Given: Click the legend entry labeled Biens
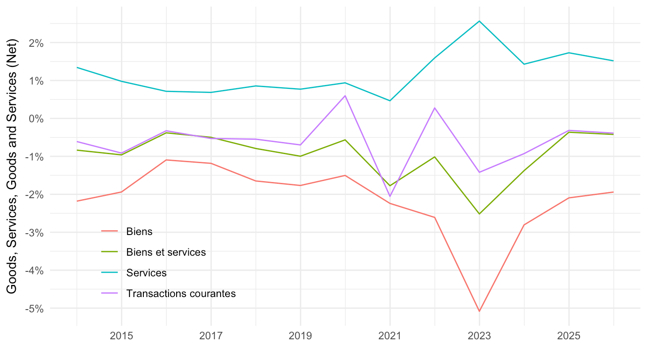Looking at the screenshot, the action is pyautogui.click(x=139, y=232).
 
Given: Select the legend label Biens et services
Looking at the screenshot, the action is pyautogui.click(x=166, y=252).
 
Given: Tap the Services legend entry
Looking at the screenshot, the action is pyautogui.click(x=146, y=273).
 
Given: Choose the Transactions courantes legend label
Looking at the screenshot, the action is pyautogui.click(x=181, y=294).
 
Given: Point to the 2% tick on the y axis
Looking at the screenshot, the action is pyautogui.click(x=36, y=43).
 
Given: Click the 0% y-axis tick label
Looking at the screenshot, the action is pyautogui.click(x=36, y=119).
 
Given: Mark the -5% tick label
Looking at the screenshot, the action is pyautogui.click(x=34, y=309).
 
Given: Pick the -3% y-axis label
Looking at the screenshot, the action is pyautogui.click(x=34, y=233).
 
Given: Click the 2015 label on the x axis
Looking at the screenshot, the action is pyautogui.click(x=122, y=336).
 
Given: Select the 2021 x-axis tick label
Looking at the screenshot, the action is pyautogui.click(x=390, y=336).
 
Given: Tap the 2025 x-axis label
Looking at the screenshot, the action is pyautogui.click(x=569, y=336).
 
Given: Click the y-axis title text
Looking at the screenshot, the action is pyautogui.click(x=12, y=166).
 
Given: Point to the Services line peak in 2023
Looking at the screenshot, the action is pyautogui.click(x=479, y=21).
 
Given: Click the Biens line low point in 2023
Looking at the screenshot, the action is pyautogui.click(x=479, y=311).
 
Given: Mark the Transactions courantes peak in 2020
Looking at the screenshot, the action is pyautogui.click(x=345, y=96).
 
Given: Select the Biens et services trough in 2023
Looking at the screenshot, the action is pyautogui.click(x=479, y=214).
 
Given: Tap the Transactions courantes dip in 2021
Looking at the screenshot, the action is pyautogui.click(x=390, y=196).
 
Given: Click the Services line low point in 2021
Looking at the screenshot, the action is pyautogui.click(x=390, y=101).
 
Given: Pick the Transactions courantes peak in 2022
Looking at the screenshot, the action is pyautogui.click(x=435, y=108).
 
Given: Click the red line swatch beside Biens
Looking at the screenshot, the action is pyautogui.click(x=110, y=231).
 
